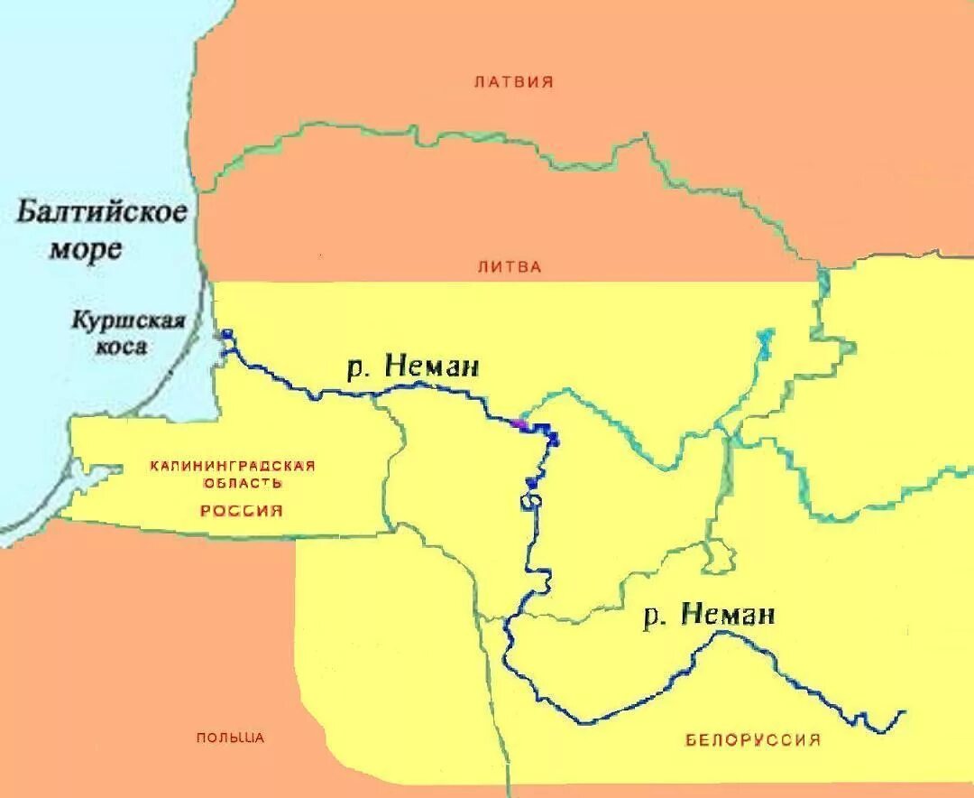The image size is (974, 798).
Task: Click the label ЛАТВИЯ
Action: tap(513, 82)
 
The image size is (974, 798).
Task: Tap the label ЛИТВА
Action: tap(510, 267)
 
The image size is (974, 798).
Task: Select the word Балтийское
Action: tap(102, 214)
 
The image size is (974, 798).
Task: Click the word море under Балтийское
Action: tap(85, 248)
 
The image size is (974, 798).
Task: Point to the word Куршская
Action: tap(128, 320)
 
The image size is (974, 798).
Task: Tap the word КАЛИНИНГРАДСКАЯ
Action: tap(233, 466)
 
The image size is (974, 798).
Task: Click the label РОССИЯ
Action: tap(242, 511)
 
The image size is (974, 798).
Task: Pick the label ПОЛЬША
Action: tap(231, 738)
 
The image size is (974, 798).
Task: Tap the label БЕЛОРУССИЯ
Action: tap(753, 740)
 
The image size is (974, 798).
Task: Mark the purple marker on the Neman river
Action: tap(519, 422)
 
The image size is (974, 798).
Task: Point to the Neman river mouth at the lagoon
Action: tap(225, 339)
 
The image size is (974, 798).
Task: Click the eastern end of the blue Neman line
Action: tap(903, 712)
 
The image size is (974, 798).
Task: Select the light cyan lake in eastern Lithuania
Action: tap(766, 343)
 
